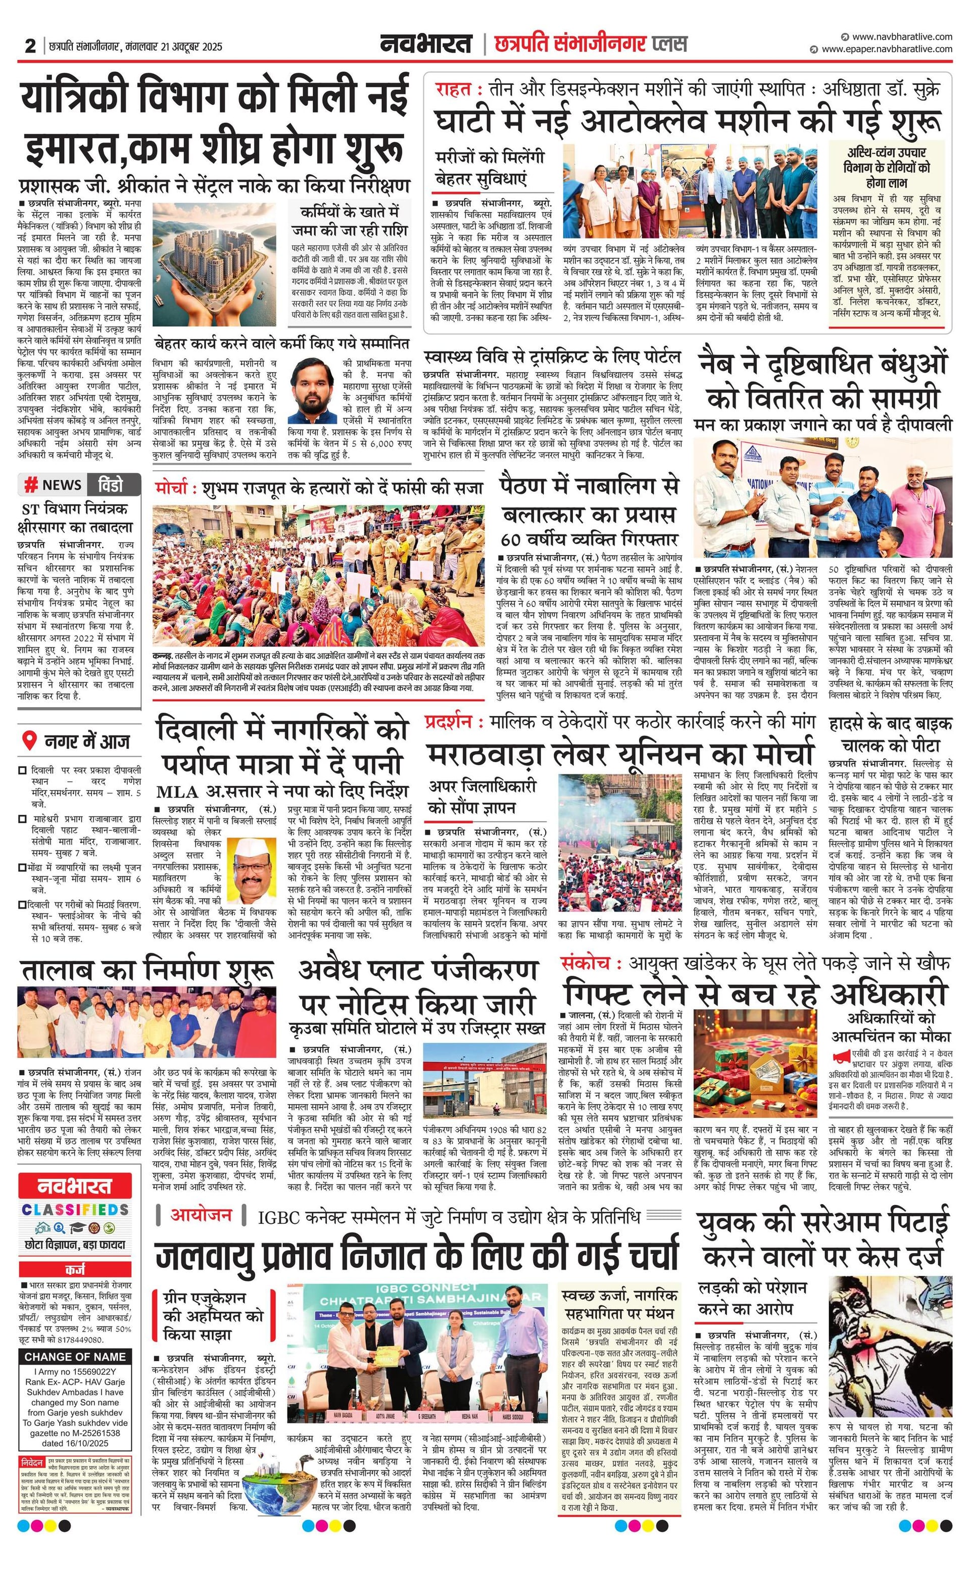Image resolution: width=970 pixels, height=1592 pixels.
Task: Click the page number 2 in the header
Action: pos(30,46)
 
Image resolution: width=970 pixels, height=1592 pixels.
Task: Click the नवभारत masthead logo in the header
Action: pos(426,44)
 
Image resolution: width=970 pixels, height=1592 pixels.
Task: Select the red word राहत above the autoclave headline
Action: pos(453,89)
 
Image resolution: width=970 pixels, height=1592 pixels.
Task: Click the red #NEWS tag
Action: pos(54,484)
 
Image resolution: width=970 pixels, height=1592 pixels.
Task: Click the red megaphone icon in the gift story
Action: pos(841,1058)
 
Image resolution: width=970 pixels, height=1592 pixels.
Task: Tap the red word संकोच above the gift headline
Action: pos(586,963)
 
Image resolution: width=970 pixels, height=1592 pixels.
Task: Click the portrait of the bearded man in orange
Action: pos(313,391)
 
